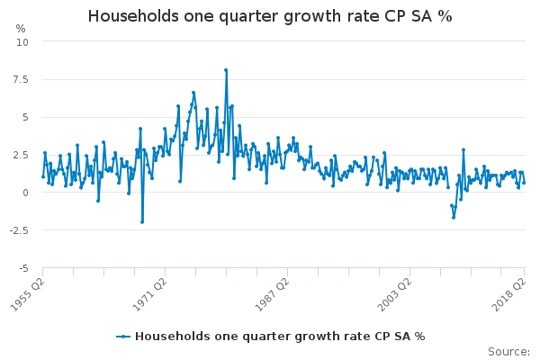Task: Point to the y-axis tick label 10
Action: click(x=22, y=41)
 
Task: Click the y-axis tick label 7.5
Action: click(x=21, y=79)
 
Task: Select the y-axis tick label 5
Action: click(x=25, y=117)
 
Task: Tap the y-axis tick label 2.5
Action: click(x=21, y=155)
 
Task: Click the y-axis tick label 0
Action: click(x=25, y=193)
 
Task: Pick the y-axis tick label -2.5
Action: click(x=19, y=230)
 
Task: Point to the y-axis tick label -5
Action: click(x=23, y=268)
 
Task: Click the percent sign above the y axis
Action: click(x=21, y=29)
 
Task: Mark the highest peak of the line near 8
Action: click(x=226, y=69)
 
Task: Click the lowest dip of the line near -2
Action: click(x=142, y=221)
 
